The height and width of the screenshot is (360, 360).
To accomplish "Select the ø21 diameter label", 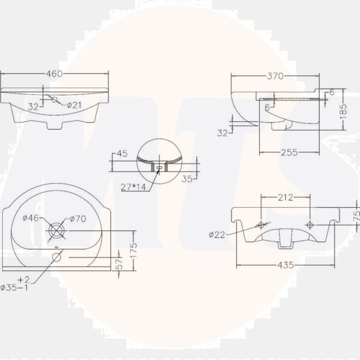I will tap(75, 105).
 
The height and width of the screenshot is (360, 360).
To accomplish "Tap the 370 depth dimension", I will tap(275, 76).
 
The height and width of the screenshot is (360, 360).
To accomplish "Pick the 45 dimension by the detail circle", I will tap(122, 153).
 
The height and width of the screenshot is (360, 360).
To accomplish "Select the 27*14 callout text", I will tap(133, 187).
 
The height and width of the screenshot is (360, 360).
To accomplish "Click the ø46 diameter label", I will tap(30, 218).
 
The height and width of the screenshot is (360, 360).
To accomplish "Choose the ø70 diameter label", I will tap(78, 219).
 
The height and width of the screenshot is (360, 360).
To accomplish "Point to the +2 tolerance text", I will tap(23, 279).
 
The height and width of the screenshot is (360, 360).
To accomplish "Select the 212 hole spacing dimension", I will tap(285, 197).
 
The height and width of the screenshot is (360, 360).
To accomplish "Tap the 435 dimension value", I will tap(285, 265).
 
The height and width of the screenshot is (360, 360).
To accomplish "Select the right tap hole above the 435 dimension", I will tap(310, 224).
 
